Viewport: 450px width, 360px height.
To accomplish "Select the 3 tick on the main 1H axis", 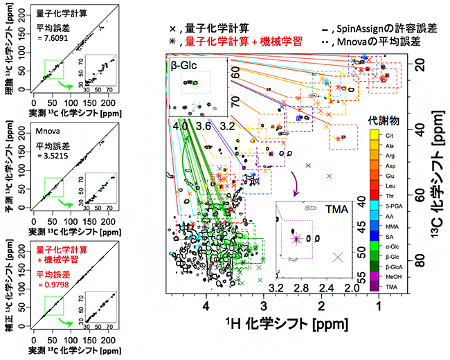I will tap(263, 305).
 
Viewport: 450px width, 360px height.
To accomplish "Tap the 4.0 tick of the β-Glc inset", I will tap(181, 127).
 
